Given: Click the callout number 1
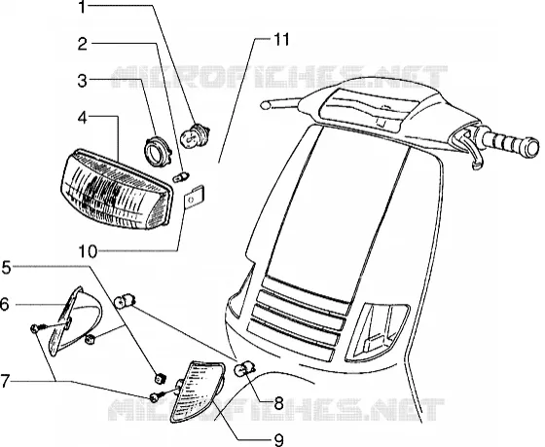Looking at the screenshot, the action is click(82, 7).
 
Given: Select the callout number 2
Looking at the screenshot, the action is click(83, 44).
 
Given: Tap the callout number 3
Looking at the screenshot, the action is click(83, 81).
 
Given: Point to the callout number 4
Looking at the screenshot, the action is click(83, 118).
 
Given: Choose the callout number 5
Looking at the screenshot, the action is click(7, 268).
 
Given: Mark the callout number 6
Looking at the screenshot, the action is click(4, 305).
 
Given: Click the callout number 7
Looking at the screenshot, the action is click(5, 381).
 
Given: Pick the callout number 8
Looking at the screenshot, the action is click(278, 403).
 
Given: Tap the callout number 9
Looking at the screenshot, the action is click(278, 440).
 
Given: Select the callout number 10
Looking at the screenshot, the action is click(88, 251).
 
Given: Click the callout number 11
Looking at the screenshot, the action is click(281, 40).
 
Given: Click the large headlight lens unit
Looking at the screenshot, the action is click(117, 190).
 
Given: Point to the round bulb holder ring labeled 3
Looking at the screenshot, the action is click(158, 152).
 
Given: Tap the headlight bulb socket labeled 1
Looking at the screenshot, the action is click(195, 136).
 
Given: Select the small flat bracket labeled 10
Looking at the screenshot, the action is click(194, 198).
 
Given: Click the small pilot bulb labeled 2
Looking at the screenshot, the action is click(181, 176).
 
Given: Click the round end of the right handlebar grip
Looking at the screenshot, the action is click(530, 147).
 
